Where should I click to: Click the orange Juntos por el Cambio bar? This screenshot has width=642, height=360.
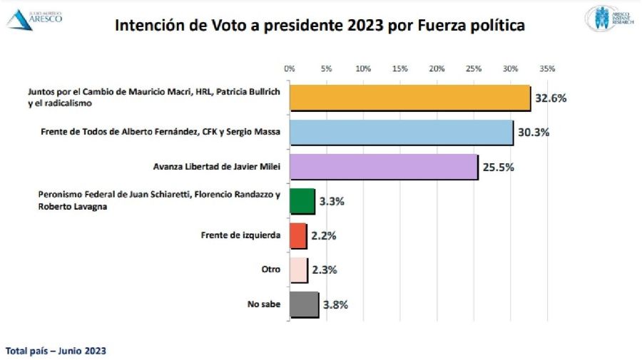pyautogui.click(x=409, y=98)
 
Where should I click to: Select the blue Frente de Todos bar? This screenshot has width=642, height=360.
pyautogui.click(x=401, y=133)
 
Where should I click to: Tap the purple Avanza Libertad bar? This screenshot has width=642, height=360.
pyautogui.click(x=383, y=167)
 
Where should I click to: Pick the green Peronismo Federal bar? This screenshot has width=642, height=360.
pyautogui.click(x=302, y=201)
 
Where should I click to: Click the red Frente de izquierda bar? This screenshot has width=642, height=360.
pyautogui.click(x=297, y=235)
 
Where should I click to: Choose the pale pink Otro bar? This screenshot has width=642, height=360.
pyautogui.click(x=298, y=270)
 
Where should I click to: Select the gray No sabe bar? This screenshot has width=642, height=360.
pyautogui.click(x=303, y=304)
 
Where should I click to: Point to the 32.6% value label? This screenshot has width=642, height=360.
pyautogui.click(x=551, y=98)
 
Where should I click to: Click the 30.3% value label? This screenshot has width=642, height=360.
pyautogui.click(x=534, y=133)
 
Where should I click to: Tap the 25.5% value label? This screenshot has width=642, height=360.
pyautogui.click(x=498, y=167)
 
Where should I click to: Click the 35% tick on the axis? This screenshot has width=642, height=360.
pyautogui.click(x=547, y=69)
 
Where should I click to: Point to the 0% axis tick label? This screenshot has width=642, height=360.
pyautogui.click(x=290, y=69)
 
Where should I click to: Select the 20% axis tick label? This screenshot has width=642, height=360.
pyautogui.click(x=437, y=69)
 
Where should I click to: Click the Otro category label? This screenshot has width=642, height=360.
pyautogui.click(x=272, y=270)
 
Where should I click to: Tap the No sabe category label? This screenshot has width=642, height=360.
pyautogui.click(x=265, y=304)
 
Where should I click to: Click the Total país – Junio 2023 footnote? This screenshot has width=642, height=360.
pyautogui.click(x=56, y=351)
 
